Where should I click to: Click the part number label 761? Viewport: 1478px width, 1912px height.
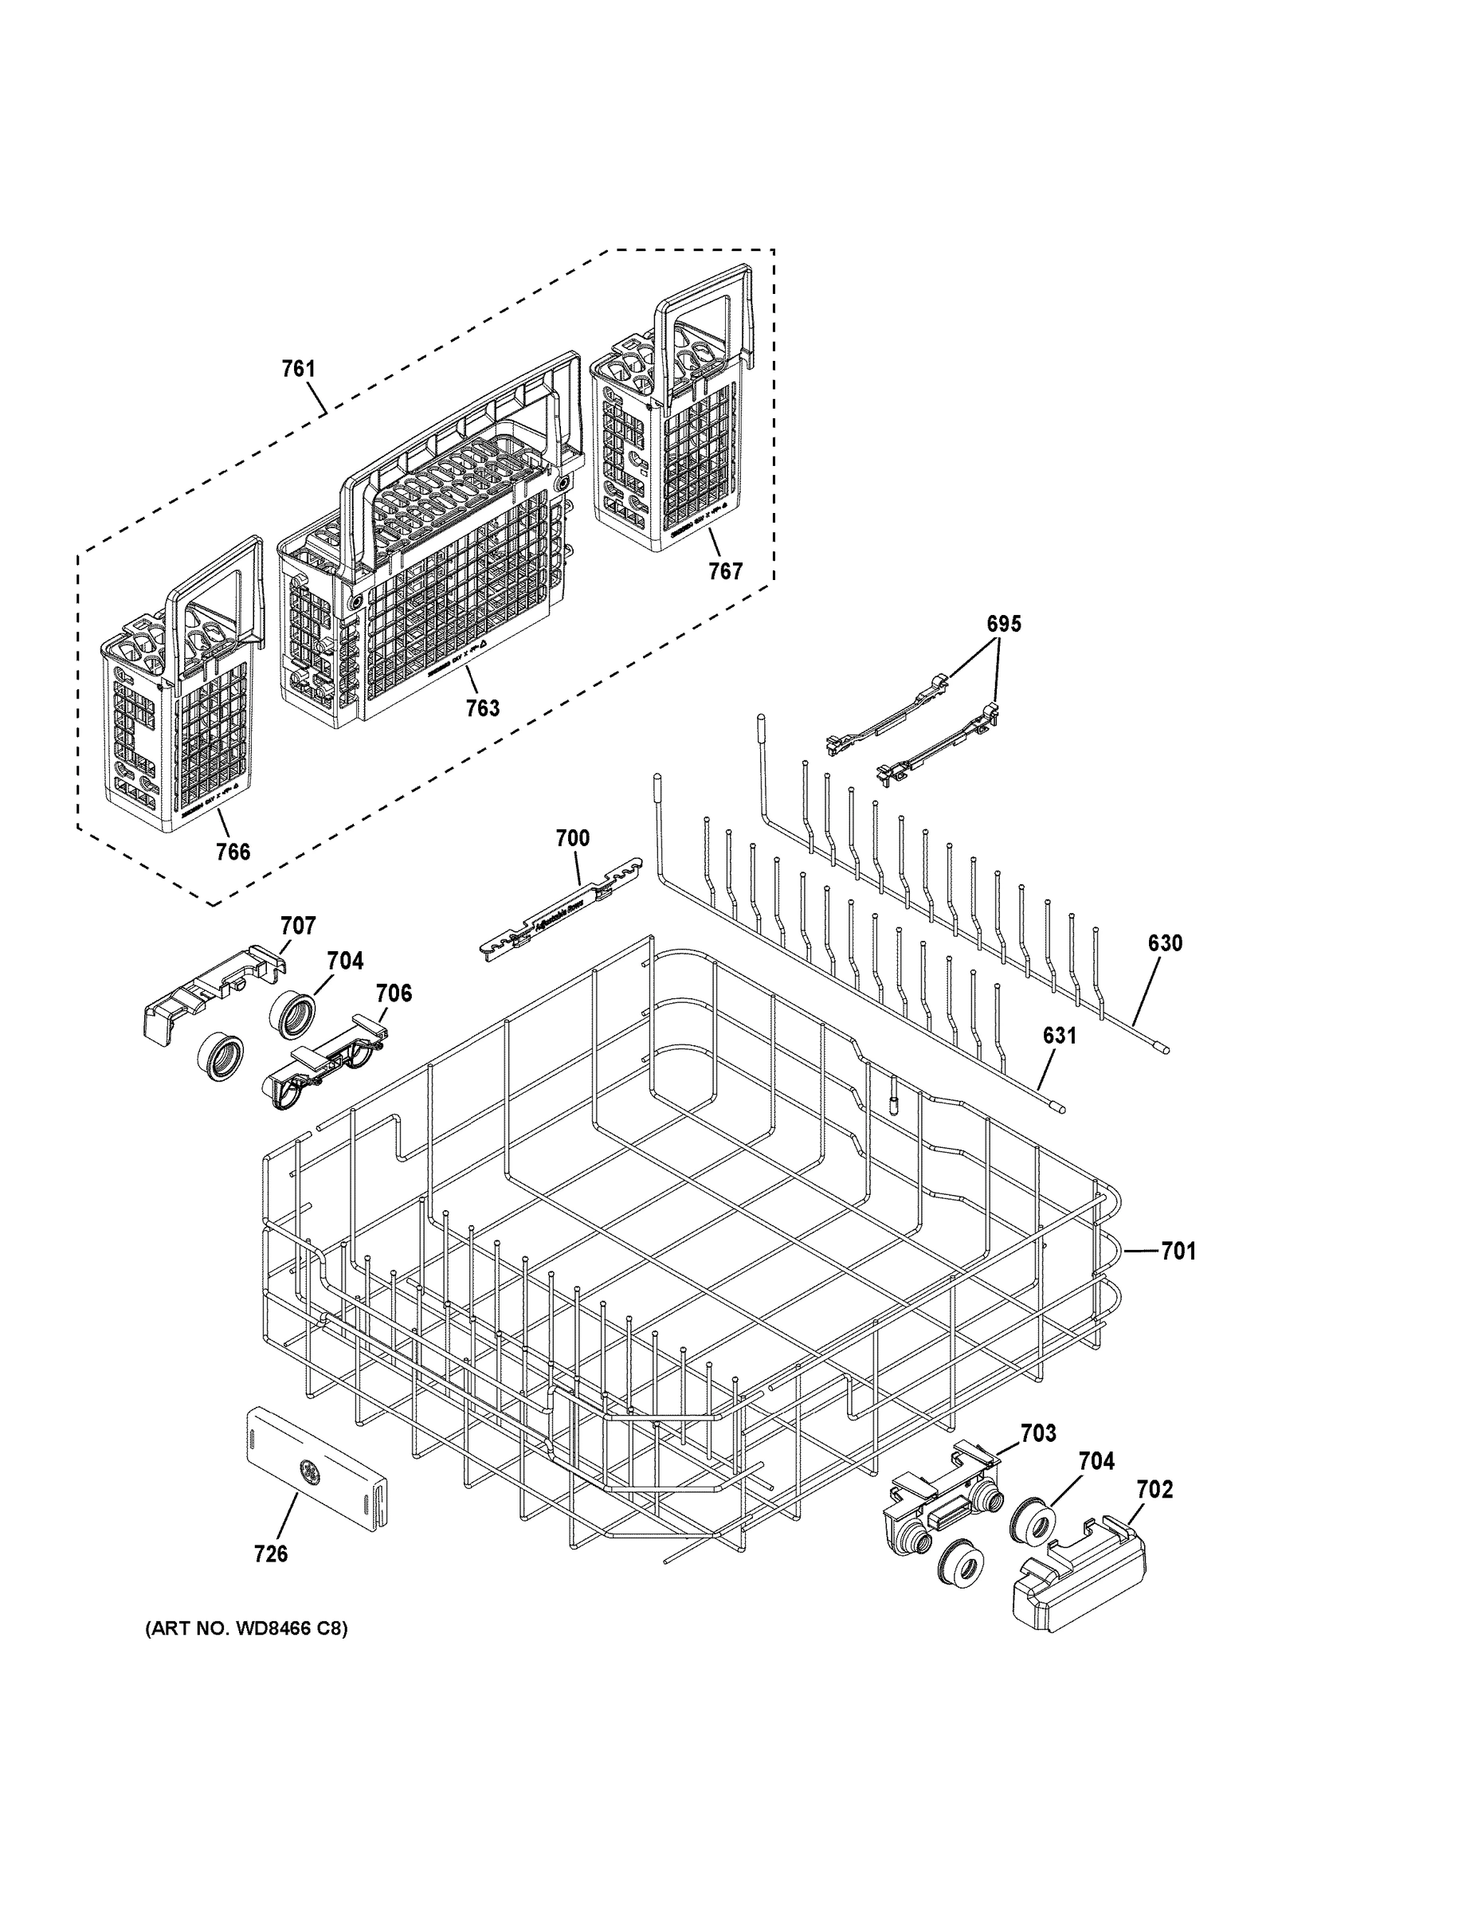[x=298, y=369]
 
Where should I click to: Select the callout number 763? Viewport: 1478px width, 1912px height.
[x=483, y=707]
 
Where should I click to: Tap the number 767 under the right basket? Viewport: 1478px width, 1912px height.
[x=725, y=572]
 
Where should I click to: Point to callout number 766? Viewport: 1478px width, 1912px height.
[x=233, y=852]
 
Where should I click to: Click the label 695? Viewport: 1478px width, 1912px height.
[x=1003, y=625]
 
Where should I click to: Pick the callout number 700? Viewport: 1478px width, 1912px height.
[x=573, y=838]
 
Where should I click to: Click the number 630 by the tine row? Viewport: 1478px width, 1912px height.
[x=1165, y=943]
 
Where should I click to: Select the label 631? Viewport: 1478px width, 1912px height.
[x=1059, y=1036]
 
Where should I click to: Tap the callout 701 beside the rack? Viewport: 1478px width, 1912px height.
[x=1178, y=1252]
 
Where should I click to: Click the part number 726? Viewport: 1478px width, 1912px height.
[x=271, y=1554]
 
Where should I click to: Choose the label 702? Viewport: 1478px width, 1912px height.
[x=1154, y=1489]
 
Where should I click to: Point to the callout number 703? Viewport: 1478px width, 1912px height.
[x=1037, y=1433]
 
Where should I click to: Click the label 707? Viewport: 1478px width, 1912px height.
[x=298, y=926]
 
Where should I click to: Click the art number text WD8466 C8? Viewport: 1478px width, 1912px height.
[x=246, y=1629]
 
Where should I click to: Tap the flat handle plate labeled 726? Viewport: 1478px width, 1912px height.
[x=315, y=1480]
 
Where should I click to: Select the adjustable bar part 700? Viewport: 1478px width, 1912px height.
[x=560, y=911]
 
